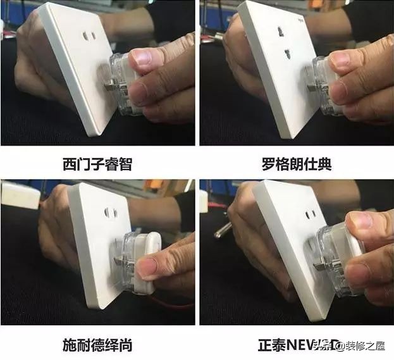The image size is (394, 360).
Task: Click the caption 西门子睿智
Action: click(99, 165)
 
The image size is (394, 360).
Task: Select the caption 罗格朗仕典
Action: click(296, 165)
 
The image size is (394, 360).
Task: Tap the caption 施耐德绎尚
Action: click(98, 345)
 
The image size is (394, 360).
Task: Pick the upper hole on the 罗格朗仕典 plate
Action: click(278, 30)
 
